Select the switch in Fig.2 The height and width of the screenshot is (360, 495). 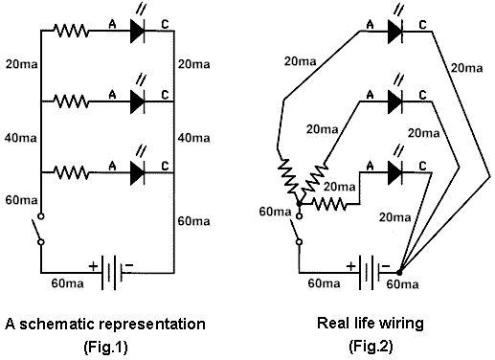[299, 227]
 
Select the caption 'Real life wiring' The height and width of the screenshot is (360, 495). [370, 324]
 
